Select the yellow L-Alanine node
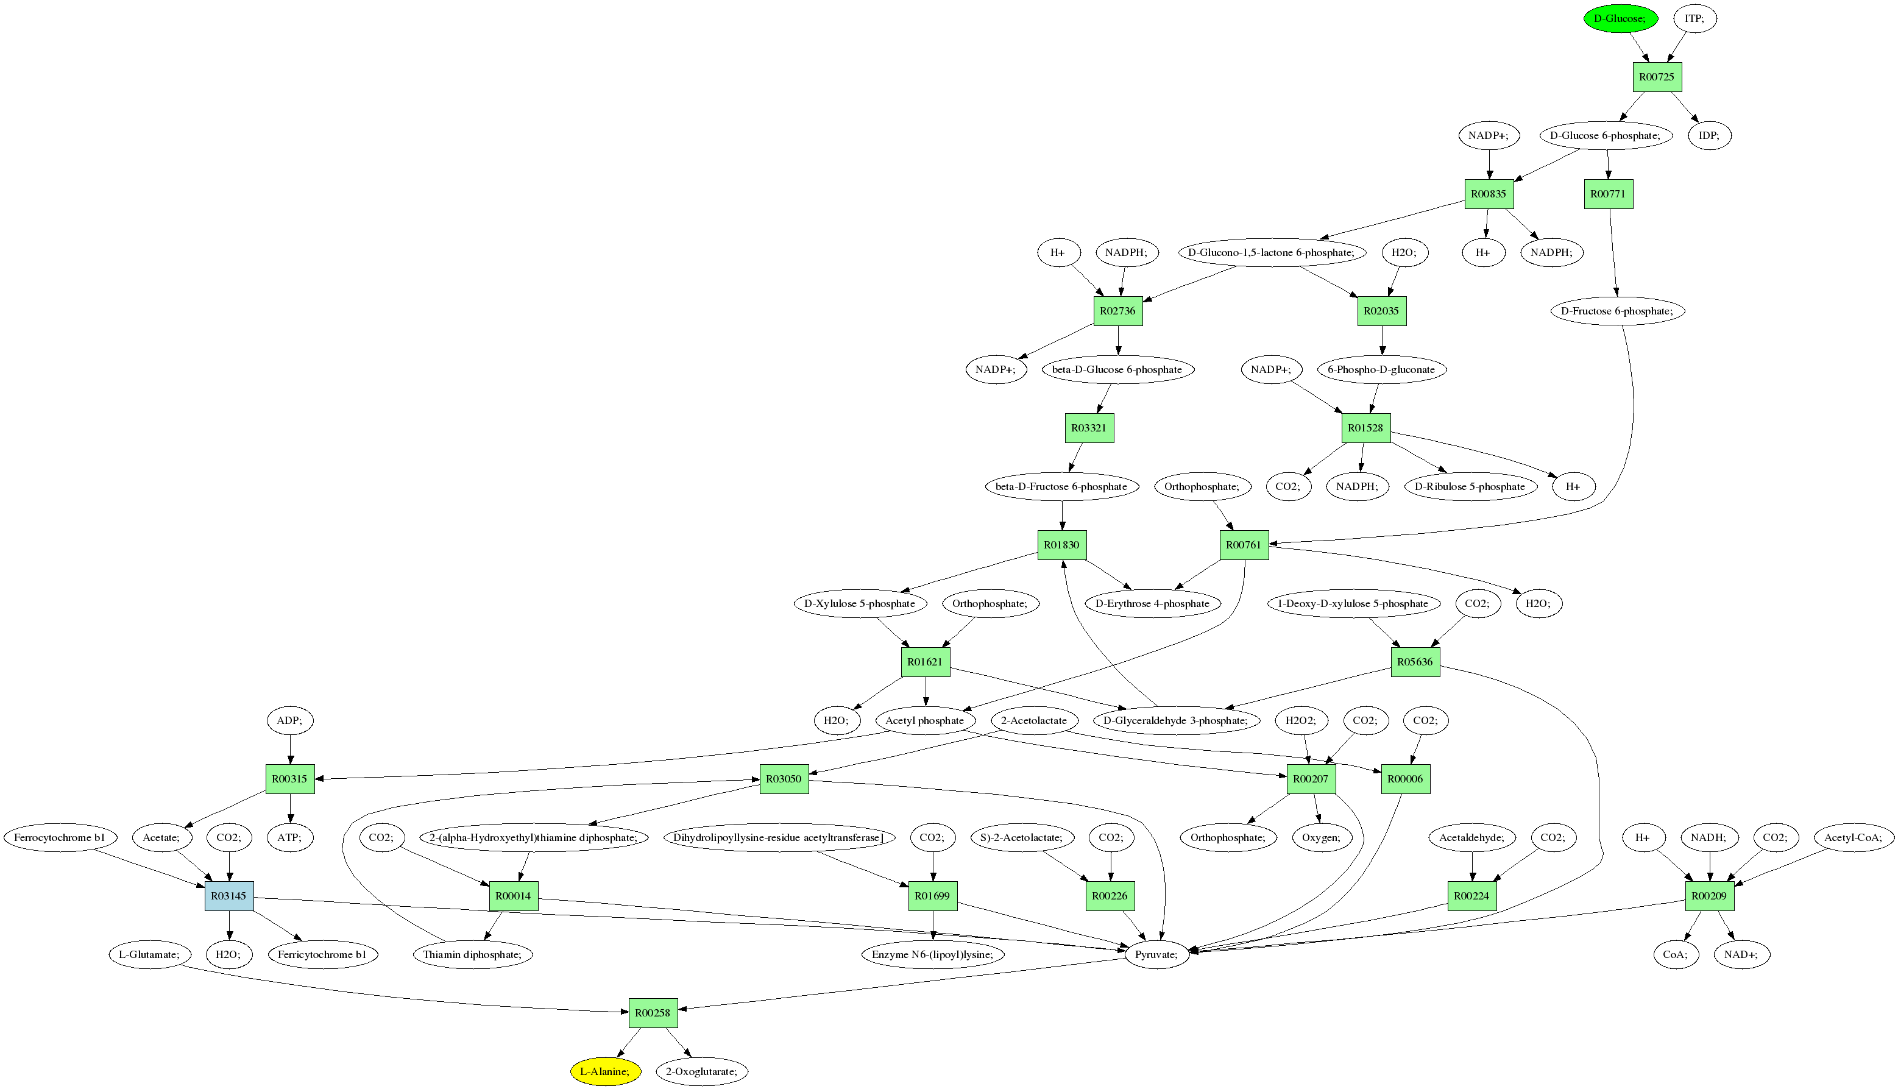pos(605,1071)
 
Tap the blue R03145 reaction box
pos(229,895)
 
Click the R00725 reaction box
pos(1657,77)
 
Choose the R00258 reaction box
pos(653,1013)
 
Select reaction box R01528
pos(1365,428)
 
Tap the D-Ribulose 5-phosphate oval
pos(1470,486)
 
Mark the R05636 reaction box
pos(1415,662)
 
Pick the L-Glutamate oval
pos(149,954)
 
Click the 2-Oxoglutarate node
pos(701,1071)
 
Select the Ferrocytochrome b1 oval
pos(59,837)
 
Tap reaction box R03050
pos(784,779)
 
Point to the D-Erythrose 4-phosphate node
pos(1152,603)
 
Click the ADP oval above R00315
pos(290,720)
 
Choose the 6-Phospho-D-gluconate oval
pos(1381,369)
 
